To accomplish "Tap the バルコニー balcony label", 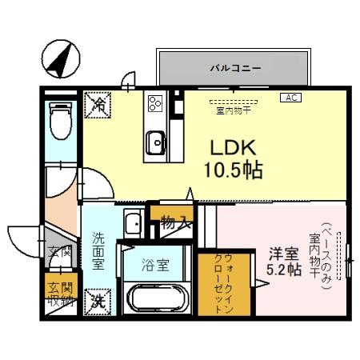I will coord(234,68).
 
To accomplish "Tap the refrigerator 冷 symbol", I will coord(99,103).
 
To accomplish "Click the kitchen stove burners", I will coord(154,102).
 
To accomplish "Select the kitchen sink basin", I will coord(154,142).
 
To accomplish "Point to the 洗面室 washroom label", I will coord(98,251).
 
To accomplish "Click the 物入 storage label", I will coord(174,222).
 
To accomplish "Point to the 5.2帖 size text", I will coord(284,271).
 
